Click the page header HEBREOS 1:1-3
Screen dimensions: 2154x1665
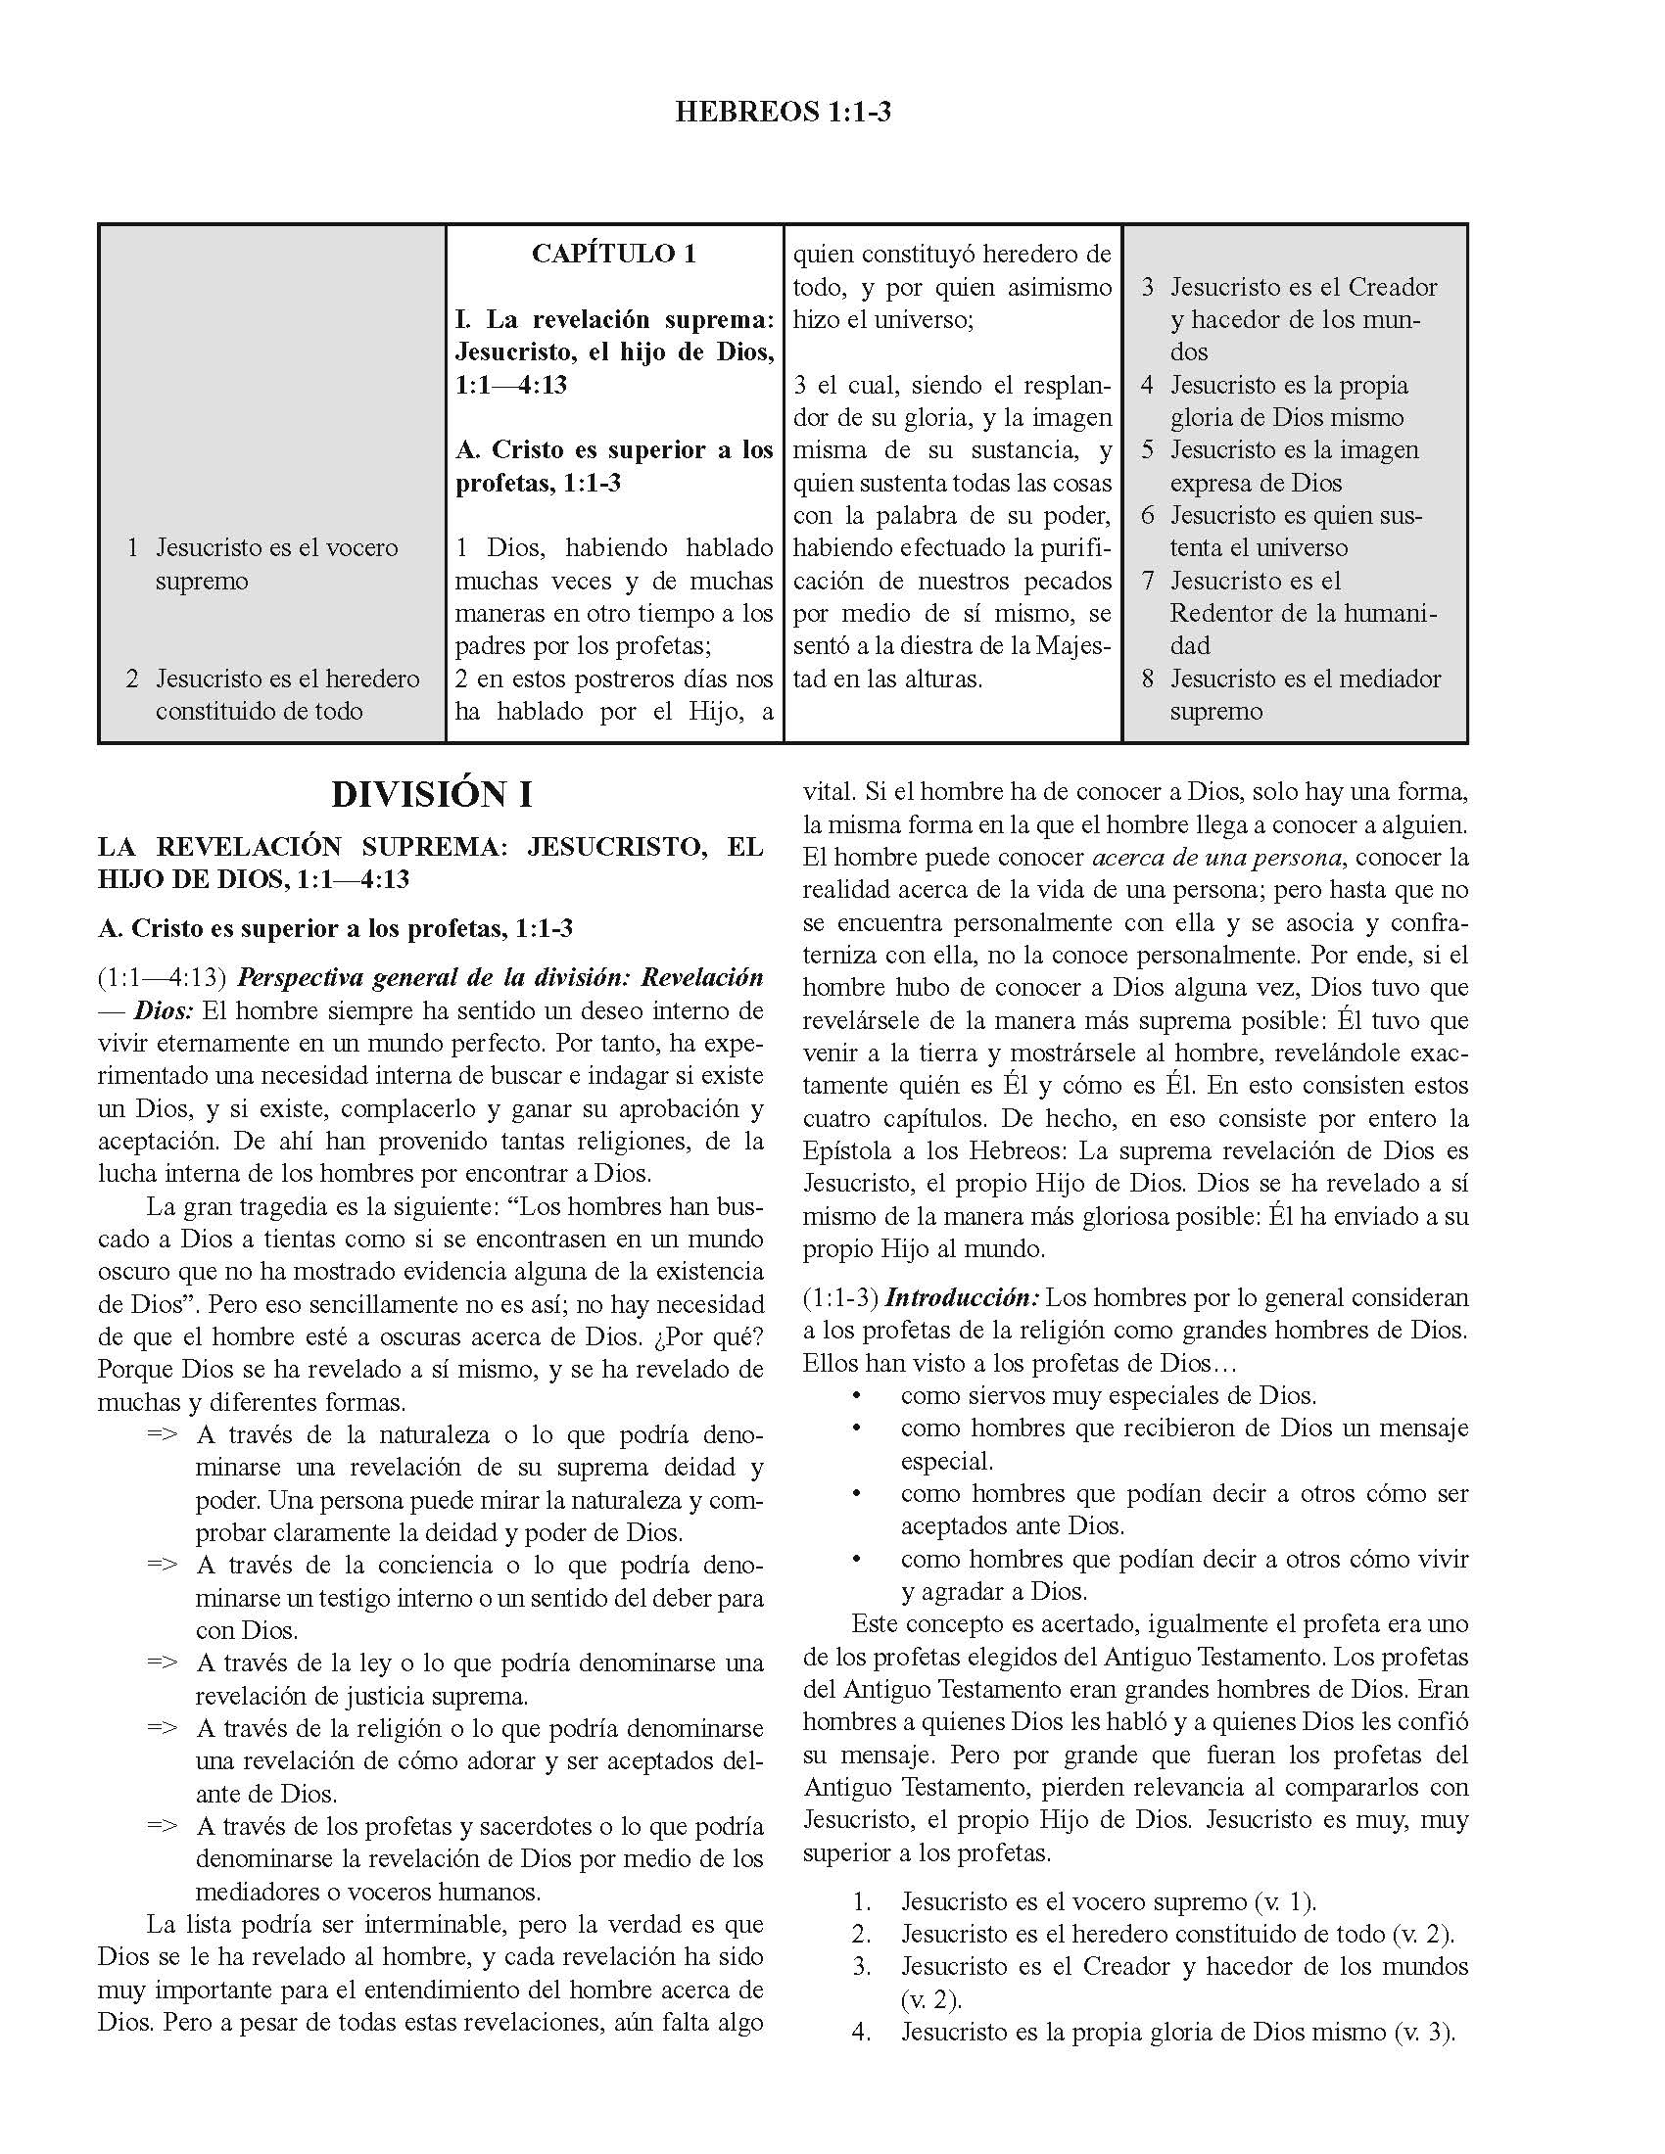click(x=783, y=113)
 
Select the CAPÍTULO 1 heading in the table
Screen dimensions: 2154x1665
click(x=613, y=254)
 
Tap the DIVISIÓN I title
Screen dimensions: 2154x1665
click(x=431, y=795)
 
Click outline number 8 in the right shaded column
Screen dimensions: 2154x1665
click(x=1147, y=679)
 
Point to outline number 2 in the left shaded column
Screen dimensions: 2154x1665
click(x=132, y=679)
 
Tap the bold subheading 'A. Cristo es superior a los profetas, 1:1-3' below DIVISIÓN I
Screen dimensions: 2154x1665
click(x=335, y=928)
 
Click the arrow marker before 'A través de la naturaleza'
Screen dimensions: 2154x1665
click(x=162, y=1435)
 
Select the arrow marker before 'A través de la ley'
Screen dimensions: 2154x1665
click(x=162, y=1663)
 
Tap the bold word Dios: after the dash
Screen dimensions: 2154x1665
click(x=164, y=1011)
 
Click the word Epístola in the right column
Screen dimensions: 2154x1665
click(x=844, y=1151)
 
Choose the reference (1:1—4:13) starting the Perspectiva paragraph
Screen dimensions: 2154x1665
click(x=163, y=978)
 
